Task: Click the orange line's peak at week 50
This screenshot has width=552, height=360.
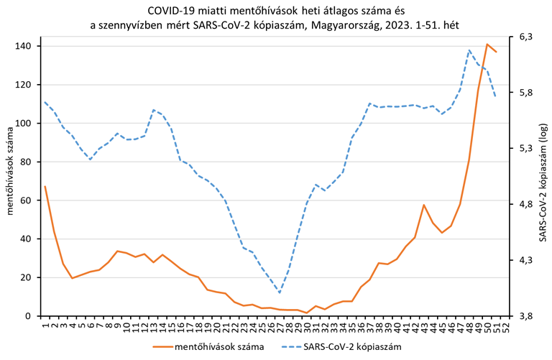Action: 487,44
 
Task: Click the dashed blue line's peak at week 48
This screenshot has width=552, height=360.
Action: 469,50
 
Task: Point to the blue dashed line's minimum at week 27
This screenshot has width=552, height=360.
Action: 280,292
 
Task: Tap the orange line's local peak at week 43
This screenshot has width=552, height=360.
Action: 424,205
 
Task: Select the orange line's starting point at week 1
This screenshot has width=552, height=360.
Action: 45,186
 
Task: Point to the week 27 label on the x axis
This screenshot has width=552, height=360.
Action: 280,327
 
